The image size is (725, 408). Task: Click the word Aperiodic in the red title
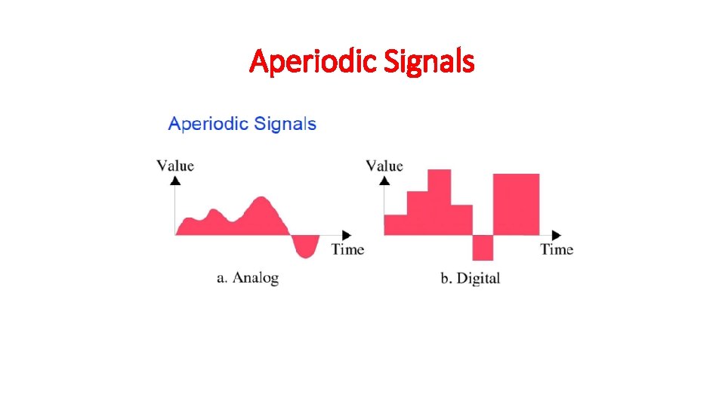pos(312,61)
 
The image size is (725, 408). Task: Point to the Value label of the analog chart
pos(175,165)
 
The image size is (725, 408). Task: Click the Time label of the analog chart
pos(347,249)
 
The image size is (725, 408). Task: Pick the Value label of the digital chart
pos(384,165)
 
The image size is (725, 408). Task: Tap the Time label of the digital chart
pos(557,249)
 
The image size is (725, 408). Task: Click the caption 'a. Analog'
pos(248,278)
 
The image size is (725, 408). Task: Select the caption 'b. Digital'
pos(470,279)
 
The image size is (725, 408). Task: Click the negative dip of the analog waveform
pos(305,246)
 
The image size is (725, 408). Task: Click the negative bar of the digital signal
pos(483,247)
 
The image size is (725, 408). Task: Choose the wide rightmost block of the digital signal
pos(517,204)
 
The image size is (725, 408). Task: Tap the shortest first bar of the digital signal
pos(396,224)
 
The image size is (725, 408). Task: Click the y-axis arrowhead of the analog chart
pos(175,181)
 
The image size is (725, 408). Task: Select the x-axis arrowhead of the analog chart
pos(347,234)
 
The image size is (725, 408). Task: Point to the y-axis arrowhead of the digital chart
pos(384,181)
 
